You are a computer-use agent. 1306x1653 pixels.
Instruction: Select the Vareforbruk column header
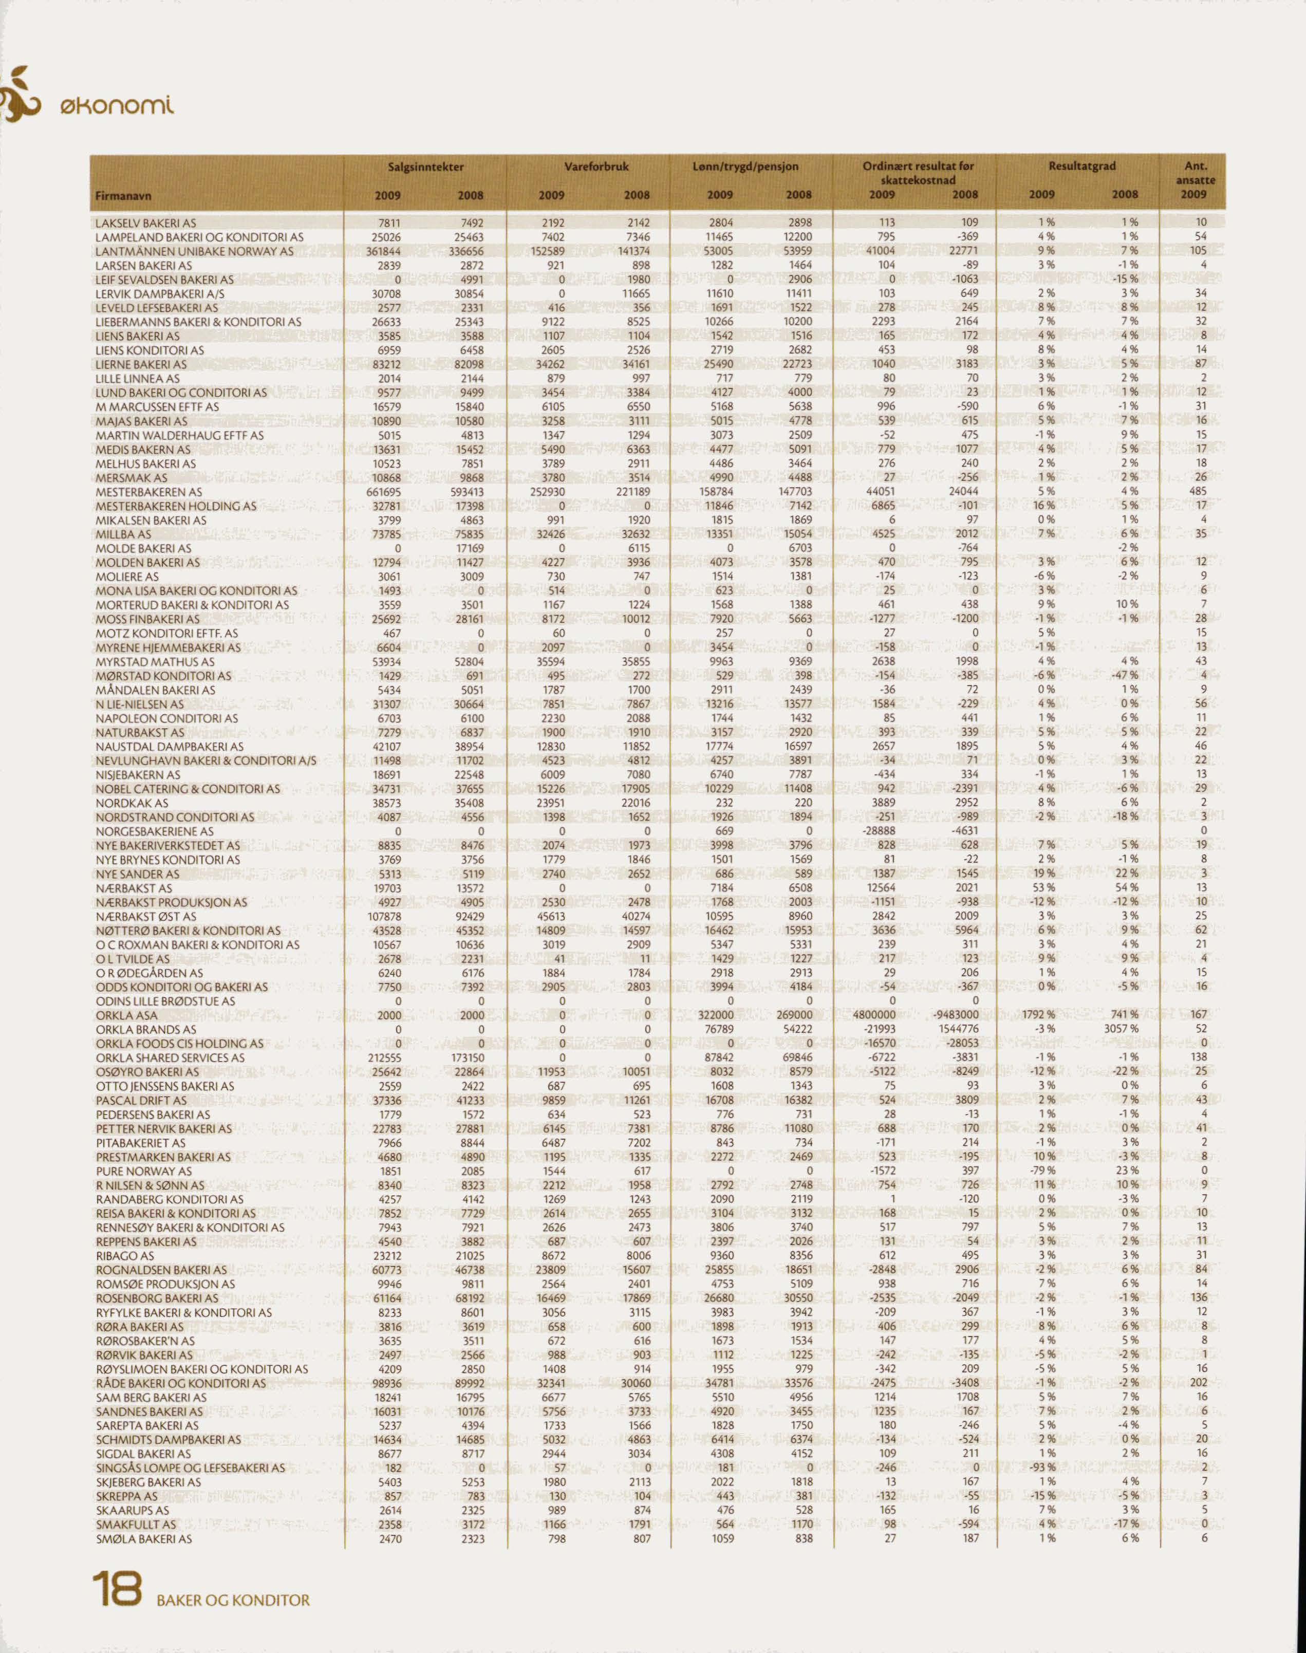pyautogui.click(x=595, y=166)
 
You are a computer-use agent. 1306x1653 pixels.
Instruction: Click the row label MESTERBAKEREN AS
pyautogui.click(x=149, y=492)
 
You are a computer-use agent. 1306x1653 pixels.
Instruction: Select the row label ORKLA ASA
pyautogui.click(x=127, y=1015)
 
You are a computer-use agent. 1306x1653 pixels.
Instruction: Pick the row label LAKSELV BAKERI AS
pyautogui.click(x=146, y=223)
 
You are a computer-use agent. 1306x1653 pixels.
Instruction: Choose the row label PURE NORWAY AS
pyautogui.click(x=143, y=1171)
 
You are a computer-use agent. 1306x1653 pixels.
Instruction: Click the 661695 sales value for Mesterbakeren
pyautogui.click(x=386, y=492)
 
